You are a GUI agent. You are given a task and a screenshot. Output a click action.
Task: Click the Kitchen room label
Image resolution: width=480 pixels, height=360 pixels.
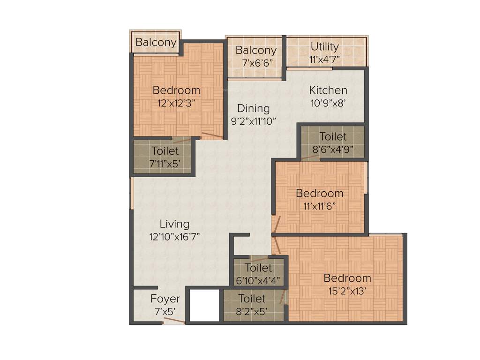click(328, 90)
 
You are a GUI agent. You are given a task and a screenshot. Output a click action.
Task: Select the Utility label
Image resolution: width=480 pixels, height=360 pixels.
click(324, 47)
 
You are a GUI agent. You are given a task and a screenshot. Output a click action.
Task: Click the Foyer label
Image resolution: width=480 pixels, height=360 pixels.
click(165, 299)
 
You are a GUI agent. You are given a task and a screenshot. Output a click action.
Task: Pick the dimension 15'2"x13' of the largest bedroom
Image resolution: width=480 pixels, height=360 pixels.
click(347, 291)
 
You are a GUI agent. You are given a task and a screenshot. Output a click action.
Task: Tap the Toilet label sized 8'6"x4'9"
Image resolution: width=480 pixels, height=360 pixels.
click(333, 137)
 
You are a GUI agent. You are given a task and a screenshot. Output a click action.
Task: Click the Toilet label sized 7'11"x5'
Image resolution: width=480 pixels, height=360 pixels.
click(165, 151)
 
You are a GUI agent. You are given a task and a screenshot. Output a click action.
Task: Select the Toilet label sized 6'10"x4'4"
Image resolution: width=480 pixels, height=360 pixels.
click(258, 268)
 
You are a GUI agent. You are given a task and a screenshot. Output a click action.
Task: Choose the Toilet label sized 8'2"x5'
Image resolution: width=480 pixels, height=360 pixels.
click(252, 299)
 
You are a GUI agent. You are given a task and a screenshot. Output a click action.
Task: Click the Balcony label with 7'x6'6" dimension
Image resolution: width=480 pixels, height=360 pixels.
click(256, 51)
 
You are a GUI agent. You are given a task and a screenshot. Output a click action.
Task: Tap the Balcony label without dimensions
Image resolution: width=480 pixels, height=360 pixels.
click(156, 43)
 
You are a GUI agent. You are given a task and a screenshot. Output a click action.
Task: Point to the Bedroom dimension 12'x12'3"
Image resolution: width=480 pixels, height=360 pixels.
click(176, 103)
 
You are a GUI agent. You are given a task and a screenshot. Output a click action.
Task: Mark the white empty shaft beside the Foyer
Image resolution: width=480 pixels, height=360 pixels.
click(204, 305)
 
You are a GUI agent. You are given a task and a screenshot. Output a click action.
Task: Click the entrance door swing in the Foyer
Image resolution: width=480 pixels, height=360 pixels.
click(174, 321)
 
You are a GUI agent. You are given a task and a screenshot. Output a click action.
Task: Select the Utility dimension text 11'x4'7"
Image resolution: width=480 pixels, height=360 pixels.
click(324, 60)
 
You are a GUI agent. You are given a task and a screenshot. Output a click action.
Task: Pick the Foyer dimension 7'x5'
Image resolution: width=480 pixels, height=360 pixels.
click(165, 311)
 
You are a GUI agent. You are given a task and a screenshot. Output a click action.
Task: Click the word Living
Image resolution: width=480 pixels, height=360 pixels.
click(174, 224)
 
